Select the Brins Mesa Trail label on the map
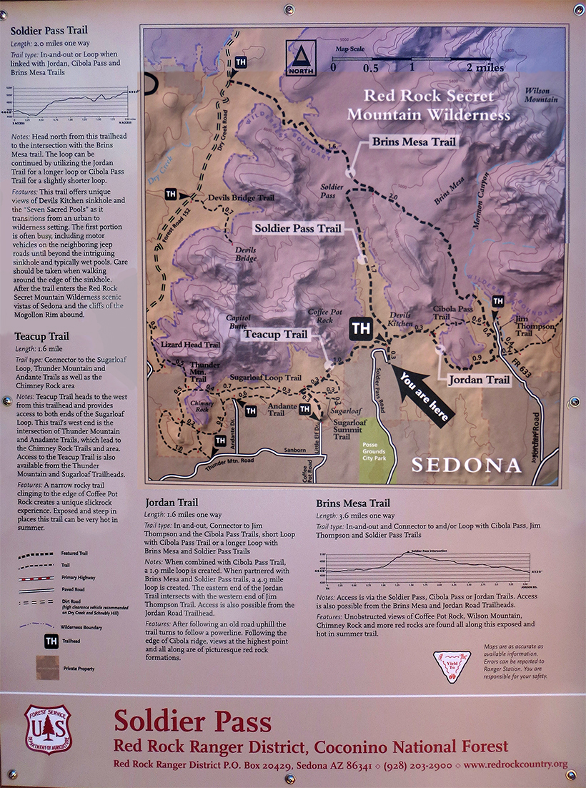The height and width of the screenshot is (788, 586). click(414, 142)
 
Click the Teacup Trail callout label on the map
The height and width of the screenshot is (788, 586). click(275, 334)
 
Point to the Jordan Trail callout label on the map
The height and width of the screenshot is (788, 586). click(480, 380)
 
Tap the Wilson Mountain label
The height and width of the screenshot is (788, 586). click(541, 95)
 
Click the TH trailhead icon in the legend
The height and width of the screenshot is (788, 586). click(51, 641)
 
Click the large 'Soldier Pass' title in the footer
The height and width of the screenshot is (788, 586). click(192, 720)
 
